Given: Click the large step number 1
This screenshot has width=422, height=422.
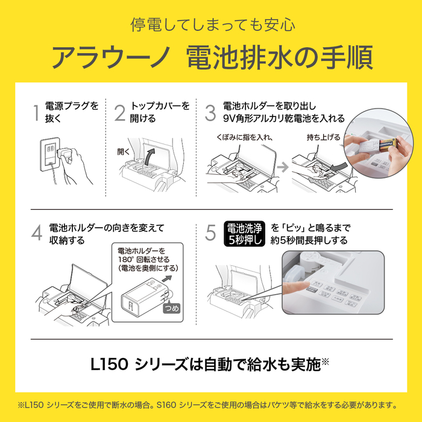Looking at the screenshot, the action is [x=36, y=113].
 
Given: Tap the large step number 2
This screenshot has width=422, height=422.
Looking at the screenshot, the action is [x=120, y=113].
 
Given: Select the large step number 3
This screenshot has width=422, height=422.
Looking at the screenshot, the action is [x=210, y=113].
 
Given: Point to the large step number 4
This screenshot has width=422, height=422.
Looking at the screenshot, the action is [x=37, y=233].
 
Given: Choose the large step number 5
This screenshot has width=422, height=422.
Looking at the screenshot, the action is [x=210, y=233].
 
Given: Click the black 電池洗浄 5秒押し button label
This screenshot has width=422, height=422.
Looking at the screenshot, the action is [x=244, y=234].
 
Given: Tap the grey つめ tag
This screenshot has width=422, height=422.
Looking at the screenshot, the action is [x=172, y=308].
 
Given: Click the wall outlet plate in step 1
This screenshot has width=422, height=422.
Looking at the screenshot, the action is [x=49, y=155].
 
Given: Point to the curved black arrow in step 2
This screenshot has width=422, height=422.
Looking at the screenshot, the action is [x=150, y=157].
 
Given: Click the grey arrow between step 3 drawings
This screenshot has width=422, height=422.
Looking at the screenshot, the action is [x=283, y=168].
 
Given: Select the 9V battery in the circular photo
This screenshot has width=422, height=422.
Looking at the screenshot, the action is [x=388, y=145].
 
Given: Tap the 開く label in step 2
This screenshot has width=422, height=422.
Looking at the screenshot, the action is [x=124, y=151].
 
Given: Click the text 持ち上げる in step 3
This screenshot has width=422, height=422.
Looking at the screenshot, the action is [x=324, y=137].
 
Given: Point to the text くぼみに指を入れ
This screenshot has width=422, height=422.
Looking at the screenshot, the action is [x=244, y=137].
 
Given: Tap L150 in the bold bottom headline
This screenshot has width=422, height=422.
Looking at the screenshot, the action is [x=109, y=365].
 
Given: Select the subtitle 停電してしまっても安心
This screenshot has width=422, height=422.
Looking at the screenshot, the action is [x=213, y=25].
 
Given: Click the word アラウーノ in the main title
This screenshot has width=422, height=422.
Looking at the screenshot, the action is [x=110, y=57].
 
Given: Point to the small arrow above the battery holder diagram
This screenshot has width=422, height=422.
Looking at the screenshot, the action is [x=167, y=279].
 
